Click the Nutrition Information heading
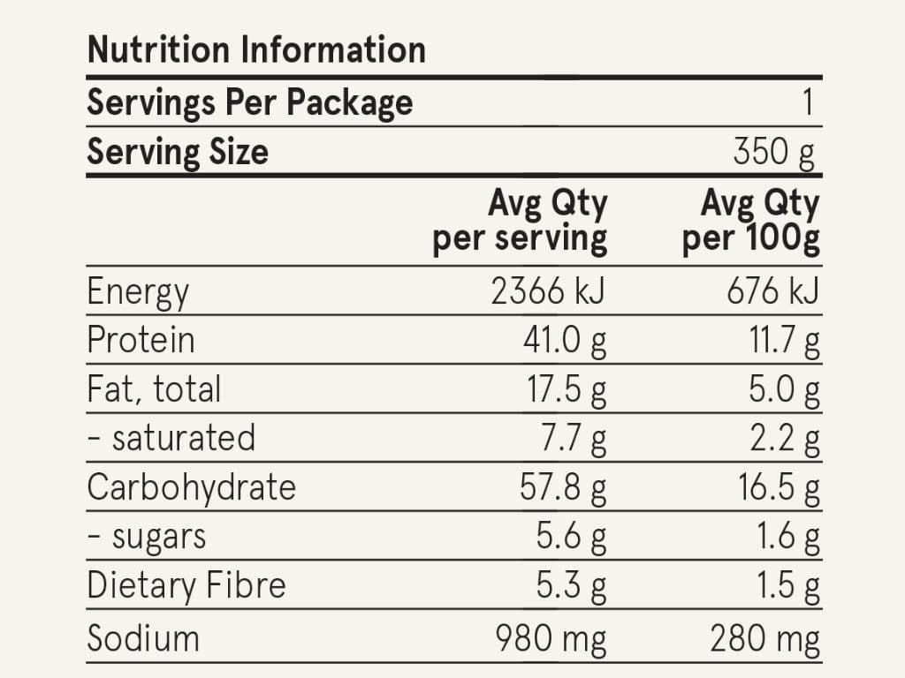click(x=256, y=49)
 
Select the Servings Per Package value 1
click(x=808, y=102)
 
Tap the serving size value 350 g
click(x=774, y=152)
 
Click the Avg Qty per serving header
click(x=520, y=222)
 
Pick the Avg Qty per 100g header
click(x=750, y=222)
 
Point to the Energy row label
click(x=138, y=292)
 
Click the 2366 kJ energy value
click(x=548, y=290)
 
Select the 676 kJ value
click(x=773, y=290)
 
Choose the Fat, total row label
click(x=154, y=389)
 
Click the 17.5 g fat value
click(x=567, y=389)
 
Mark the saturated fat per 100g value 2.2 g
click(x=785, y=439)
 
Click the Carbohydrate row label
click(x=192, y=487)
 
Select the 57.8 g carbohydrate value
click(x=563, y=487)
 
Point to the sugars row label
click(x=147, y=538)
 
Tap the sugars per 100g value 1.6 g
click(x=788, y=537)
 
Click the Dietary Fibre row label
click(x=186, y=585)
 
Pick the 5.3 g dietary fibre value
click(x=572, y=586)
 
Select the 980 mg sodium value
click(x=551, y=639)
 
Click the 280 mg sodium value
click(x=765, y=639)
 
